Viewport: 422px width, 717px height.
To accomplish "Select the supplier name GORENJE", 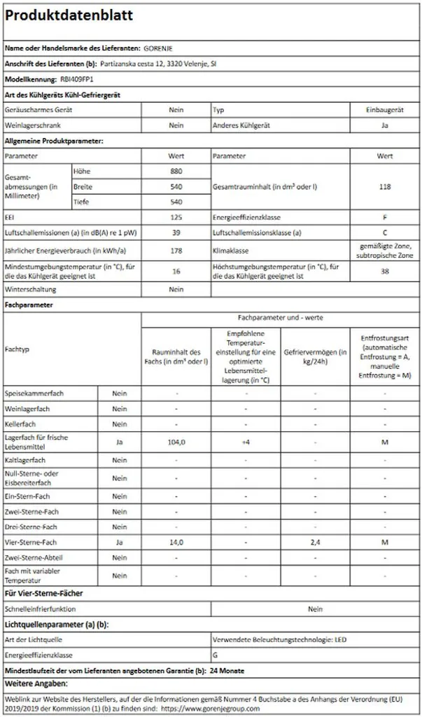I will coord(158,48).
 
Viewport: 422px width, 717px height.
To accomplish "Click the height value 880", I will coord(176,172).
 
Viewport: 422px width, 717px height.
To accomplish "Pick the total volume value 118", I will coord(385,187).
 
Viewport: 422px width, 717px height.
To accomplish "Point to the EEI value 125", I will coord(176,218).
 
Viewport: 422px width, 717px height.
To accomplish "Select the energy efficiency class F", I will coord(385,218).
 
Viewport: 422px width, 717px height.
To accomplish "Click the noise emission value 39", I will coord(176,233).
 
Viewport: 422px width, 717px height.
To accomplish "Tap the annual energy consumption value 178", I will coord(176,251).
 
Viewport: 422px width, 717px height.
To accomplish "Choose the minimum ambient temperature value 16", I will coord(176,271).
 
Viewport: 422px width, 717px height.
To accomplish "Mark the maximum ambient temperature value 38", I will coord(385,271).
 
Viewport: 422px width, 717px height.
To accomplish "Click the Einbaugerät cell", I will coord(385,110).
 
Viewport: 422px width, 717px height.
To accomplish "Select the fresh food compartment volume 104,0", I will coord(176,442).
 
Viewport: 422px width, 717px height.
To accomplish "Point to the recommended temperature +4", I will coord(246,442).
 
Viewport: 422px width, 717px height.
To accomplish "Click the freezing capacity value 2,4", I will coord(315,542).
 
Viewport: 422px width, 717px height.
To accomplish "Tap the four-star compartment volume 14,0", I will coord(176,542).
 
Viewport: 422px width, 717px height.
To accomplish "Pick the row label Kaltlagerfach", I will coord(25,460).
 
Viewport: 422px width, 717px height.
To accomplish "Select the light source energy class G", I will coord(214,655).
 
